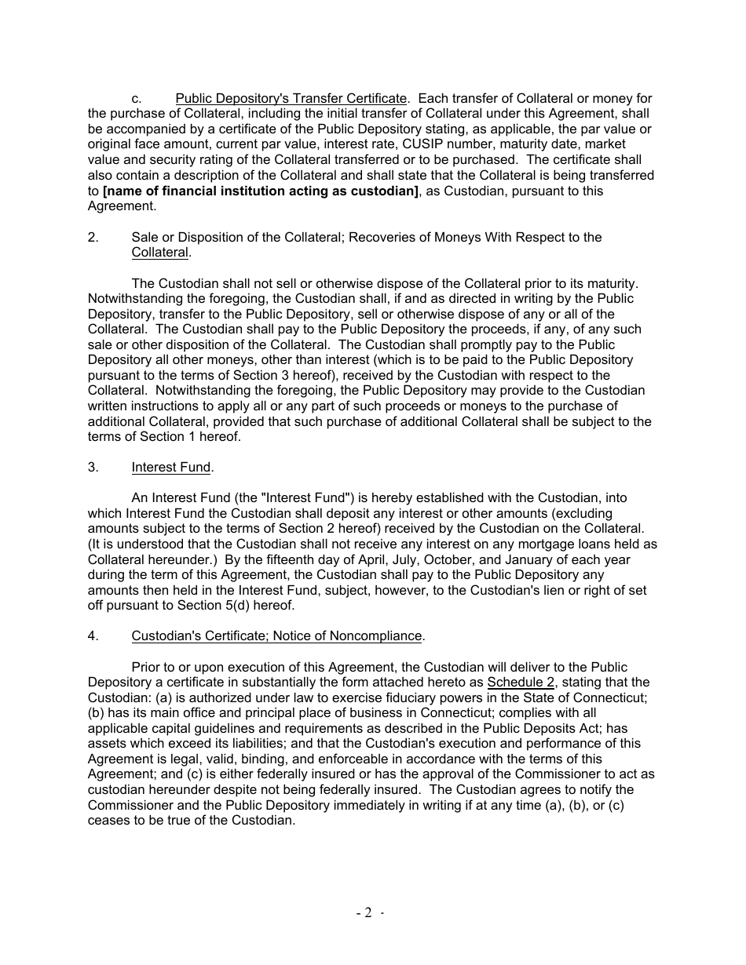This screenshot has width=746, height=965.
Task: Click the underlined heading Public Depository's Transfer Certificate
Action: [x=291, y=99]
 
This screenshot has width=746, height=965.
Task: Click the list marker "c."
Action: [x=137, y=99]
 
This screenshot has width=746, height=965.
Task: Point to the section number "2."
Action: [x=93, y=237]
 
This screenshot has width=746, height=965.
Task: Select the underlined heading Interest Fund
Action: [x=171, y=468]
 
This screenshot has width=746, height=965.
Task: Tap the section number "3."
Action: [x=93, y=468]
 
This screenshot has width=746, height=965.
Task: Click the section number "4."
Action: [x=93, y=636]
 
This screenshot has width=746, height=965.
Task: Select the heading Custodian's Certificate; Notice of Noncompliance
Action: [x=277, y=636]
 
